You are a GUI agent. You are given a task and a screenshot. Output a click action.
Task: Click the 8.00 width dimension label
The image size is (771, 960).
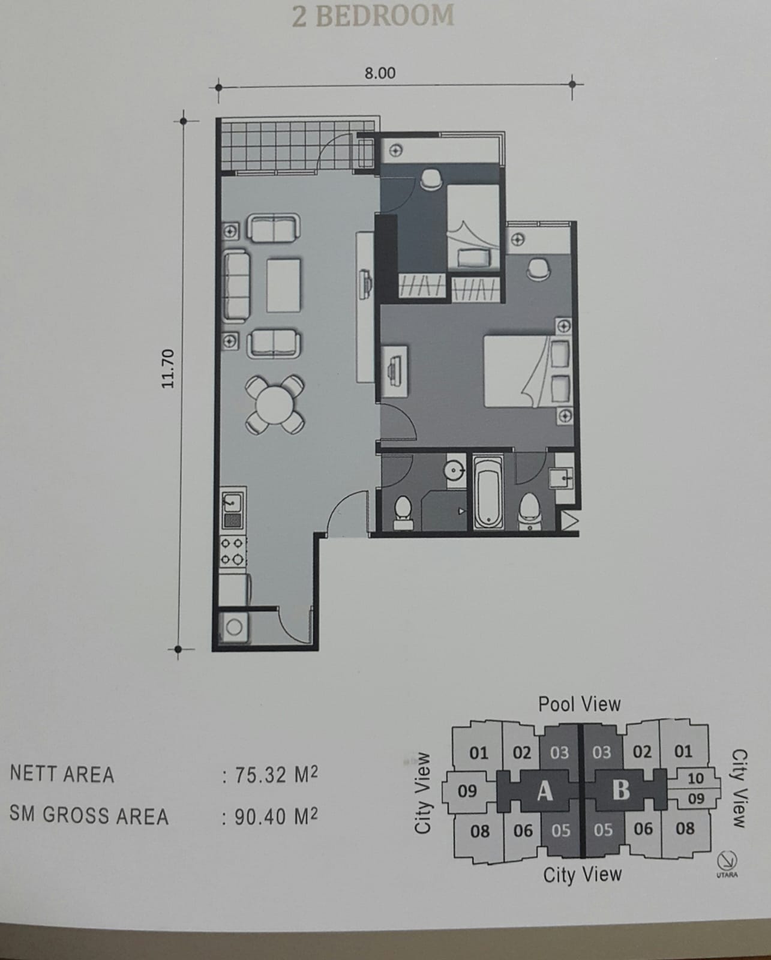tap(380, 73)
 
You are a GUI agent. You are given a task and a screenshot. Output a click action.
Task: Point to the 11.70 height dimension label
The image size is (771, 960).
tap(168, 368)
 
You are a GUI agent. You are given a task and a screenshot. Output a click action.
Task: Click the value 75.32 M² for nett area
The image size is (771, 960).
tap(275, 775)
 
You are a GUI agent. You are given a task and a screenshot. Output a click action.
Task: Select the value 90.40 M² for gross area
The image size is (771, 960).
tap(275, 816)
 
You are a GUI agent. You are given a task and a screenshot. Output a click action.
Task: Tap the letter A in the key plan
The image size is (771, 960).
tap(544, 791)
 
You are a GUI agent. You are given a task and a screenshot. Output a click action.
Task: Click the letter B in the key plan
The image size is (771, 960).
tap(621, 790)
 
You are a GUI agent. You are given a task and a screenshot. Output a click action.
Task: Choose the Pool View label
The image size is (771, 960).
tap(579, 704)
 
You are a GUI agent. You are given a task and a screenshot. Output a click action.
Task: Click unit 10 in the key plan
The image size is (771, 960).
tap(695, 778)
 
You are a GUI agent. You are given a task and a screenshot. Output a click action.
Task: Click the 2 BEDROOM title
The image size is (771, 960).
tap(373, 16)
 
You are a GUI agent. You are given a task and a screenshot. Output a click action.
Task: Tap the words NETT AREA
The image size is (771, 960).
tap(62, 775)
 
